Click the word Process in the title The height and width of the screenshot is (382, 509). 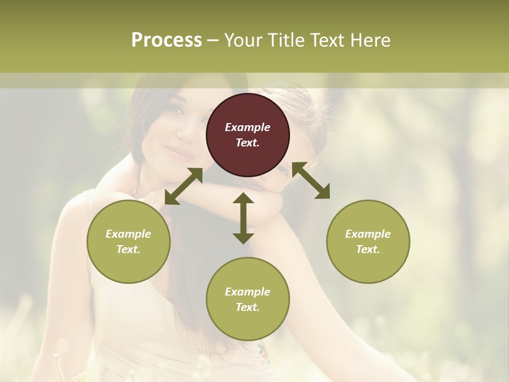point(166,40)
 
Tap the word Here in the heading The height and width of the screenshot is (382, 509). point(370,40)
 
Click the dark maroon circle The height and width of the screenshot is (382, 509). point(248,135)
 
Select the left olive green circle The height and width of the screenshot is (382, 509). point(128,241)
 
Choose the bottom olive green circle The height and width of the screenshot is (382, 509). point(248,299)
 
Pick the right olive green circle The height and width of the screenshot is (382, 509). point(368,241)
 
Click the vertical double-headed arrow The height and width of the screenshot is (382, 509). point(243,218)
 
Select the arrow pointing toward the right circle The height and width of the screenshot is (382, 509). point(311,181)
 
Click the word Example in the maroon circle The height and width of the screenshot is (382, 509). point(248,127)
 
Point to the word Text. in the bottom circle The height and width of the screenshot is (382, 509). point(248,307)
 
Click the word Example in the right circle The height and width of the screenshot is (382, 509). point(368,234)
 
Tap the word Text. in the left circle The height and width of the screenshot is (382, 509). point(128,249)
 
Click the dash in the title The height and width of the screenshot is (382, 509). point(213,40)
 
